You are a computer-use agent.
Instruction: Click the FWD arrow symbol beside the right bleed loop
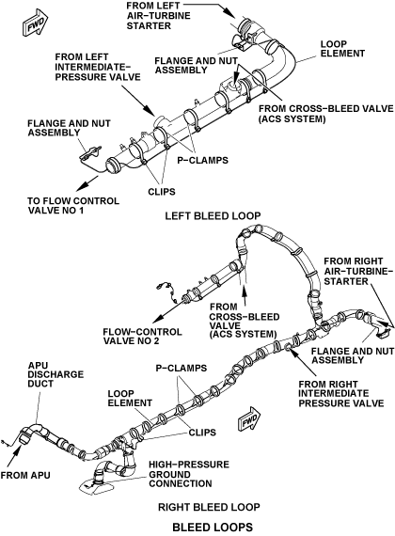tap(250, 418)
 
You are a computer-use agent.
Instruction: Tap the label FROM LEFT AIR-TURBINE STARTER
tap(158, 16)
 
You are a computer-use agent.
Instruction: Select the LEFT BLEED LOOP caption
tap(213, 216)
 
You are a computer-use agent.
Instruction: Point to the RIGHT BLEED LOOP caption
tap(209, 507)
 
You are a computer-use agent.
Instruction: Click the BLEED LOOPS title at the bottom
tap(213, 527)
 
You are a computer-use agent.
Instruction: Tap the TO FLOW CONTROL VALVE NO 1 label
tap(73, 205)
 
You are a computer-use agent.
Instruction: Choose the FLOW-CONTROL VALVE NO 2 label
tap(142, 337)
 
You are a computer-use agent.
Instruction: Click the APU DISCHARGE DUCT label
tap(55, 374)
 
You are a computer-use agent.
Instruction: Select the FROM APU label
tap(25, 475)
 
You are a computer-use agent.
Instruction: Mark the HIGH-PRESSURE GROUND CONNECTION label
tap(189, 474)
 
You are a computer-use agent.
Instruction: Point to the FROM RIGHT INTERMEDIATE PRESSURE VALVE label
tap(341, 393)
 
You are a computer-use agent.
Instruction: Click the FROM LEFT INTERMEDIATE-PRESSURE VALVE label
tap(98, 67)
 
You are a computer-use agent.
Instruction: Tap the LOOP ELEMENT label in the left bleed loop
tap(342, 49)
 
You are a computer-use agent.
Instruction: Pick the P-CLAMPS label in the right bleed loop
tap(182, 369)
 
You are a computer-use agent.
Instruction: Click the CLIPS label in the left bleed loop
tap(162, 192)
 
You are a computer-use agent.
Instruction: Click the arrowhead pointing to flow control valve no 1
tap(80, 186)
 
